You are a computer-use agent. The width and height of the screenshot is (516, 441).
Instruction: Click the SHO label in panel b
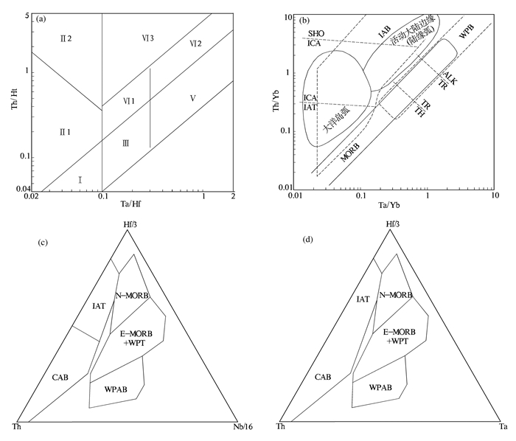click(315, 33)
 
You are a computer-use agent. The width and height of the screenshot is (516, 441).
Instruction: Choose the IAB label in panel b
click(384, 33)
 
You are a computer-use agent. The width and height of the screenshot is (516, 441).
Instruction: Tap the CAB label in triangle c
click(61, 377)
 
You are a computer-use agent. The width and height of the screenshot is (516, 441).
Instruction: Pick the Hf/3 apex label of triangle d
click(392, 223)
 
